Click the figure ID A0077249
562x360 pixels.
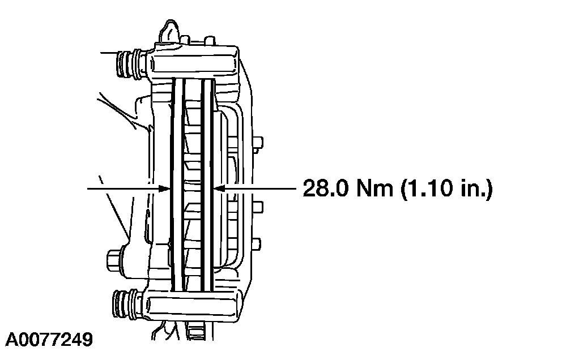click(x=49, y=339)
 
